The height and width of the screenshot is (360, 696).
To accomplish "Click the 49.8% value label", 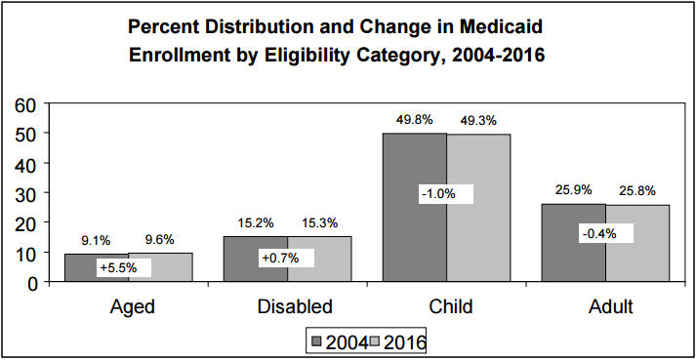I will coord(414,121).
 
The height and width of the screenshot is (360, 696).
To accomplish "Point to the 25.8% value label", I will coord(636,189).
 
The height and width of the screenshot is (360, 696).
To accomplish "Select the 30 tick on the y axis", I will coord(25,192).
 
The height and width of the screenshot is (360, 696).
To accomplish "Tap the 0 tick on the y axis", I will coord(31,283).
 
